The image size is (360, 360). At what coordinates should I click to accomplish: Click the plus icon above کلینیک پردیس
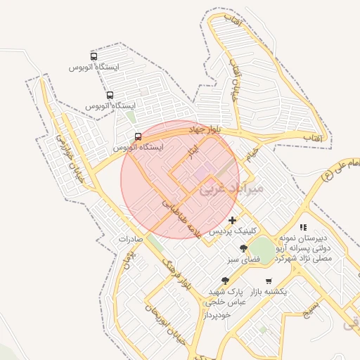point(233,221)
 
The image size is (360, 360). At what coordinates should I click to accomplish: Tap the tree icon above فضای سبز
point(243,248)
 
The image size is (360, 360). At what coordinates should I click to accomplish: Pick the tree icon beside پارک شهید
point(225,281)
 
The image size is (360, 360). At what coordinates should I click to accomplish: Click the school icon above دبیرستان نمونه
point(303,227)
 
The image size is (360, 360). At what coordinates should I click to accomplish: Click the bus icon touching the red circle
point(138,136)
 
